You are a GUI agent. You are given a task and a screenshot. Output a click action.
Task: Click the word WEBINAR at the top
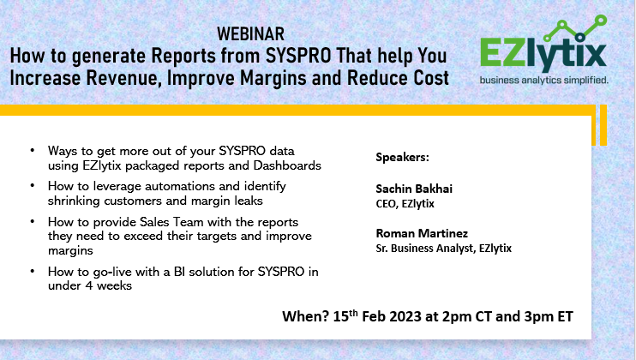pos(251,35)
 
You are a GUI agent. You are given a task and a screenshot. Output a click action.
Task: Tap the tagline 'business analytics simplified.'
pos(544,80)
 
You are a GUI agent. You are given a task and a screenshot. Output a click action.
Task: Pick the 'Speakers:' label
pos(404,158)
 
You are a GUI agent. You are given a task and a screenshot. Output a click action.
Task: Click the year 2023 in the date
pos(402,315)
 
